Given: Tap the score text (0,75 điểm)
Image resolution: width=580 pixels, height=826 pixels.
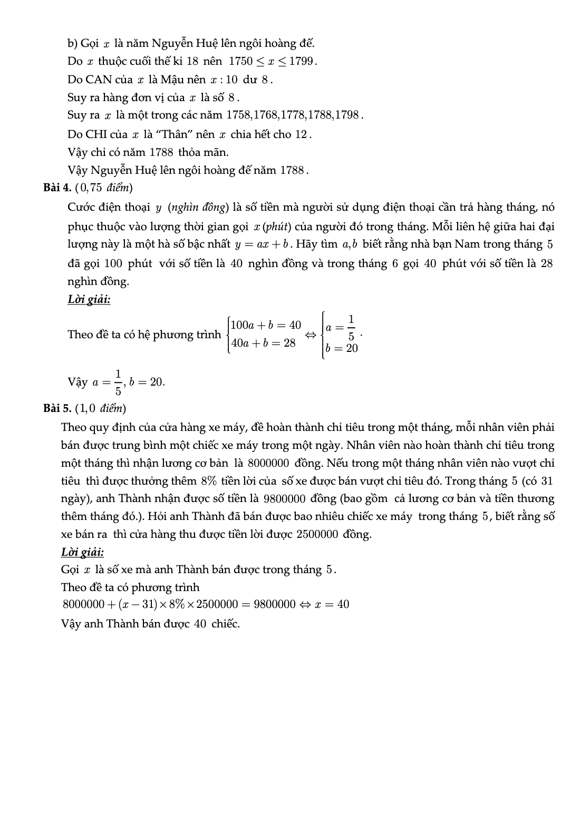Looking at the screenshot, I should click(x=104, y=188).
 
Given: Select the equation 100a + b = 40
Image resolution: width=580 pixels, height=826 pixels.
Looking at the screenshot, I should click(x=266, y=325).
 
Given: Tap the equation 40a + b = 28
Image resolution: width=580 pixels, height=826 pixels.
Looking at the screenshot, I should click(x=263, y=343).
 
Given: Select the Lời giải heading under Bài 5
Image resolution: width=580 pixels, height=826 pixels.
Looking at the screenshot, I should click(x=82, y=552).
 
